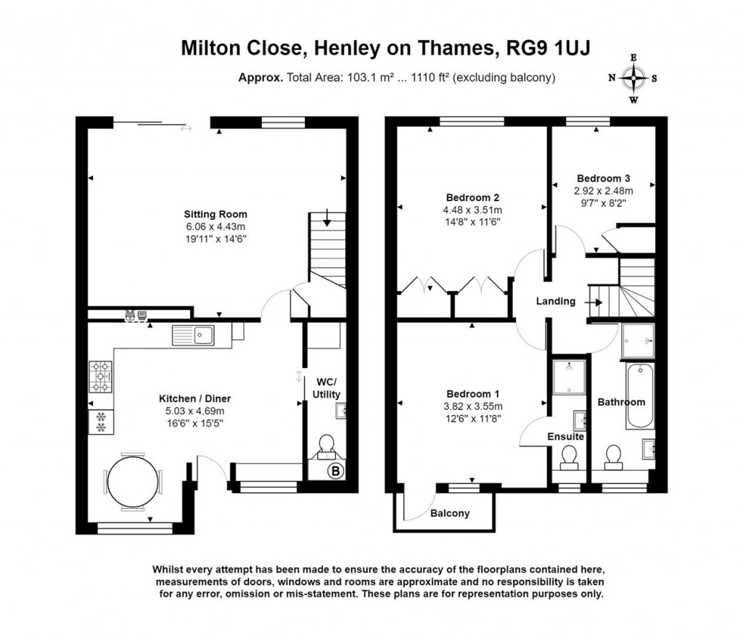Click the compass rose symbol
coord(633,78)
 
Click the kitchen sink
coord(193,335)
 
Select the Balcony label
coord(449,513)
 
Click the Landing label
coord(556,301)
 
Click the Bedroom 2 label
coord(472,197)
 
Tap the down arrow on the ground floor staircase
coord(328,217)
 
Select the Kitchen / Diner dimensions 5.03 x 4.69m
coord(195,411)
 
